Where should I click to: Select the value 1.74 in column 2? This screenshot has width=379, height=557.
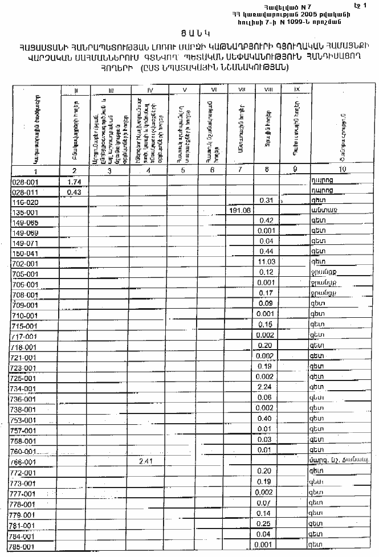(x=72, y=181)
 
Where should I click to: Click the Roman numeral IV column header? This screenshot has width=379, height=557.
(x=150, y=90)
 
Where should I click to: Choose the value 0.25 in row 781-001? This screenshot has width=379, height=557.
(x=264, y=523)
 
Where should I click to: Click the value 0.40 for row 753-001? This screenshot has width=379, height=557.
(x=264, y=419)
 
